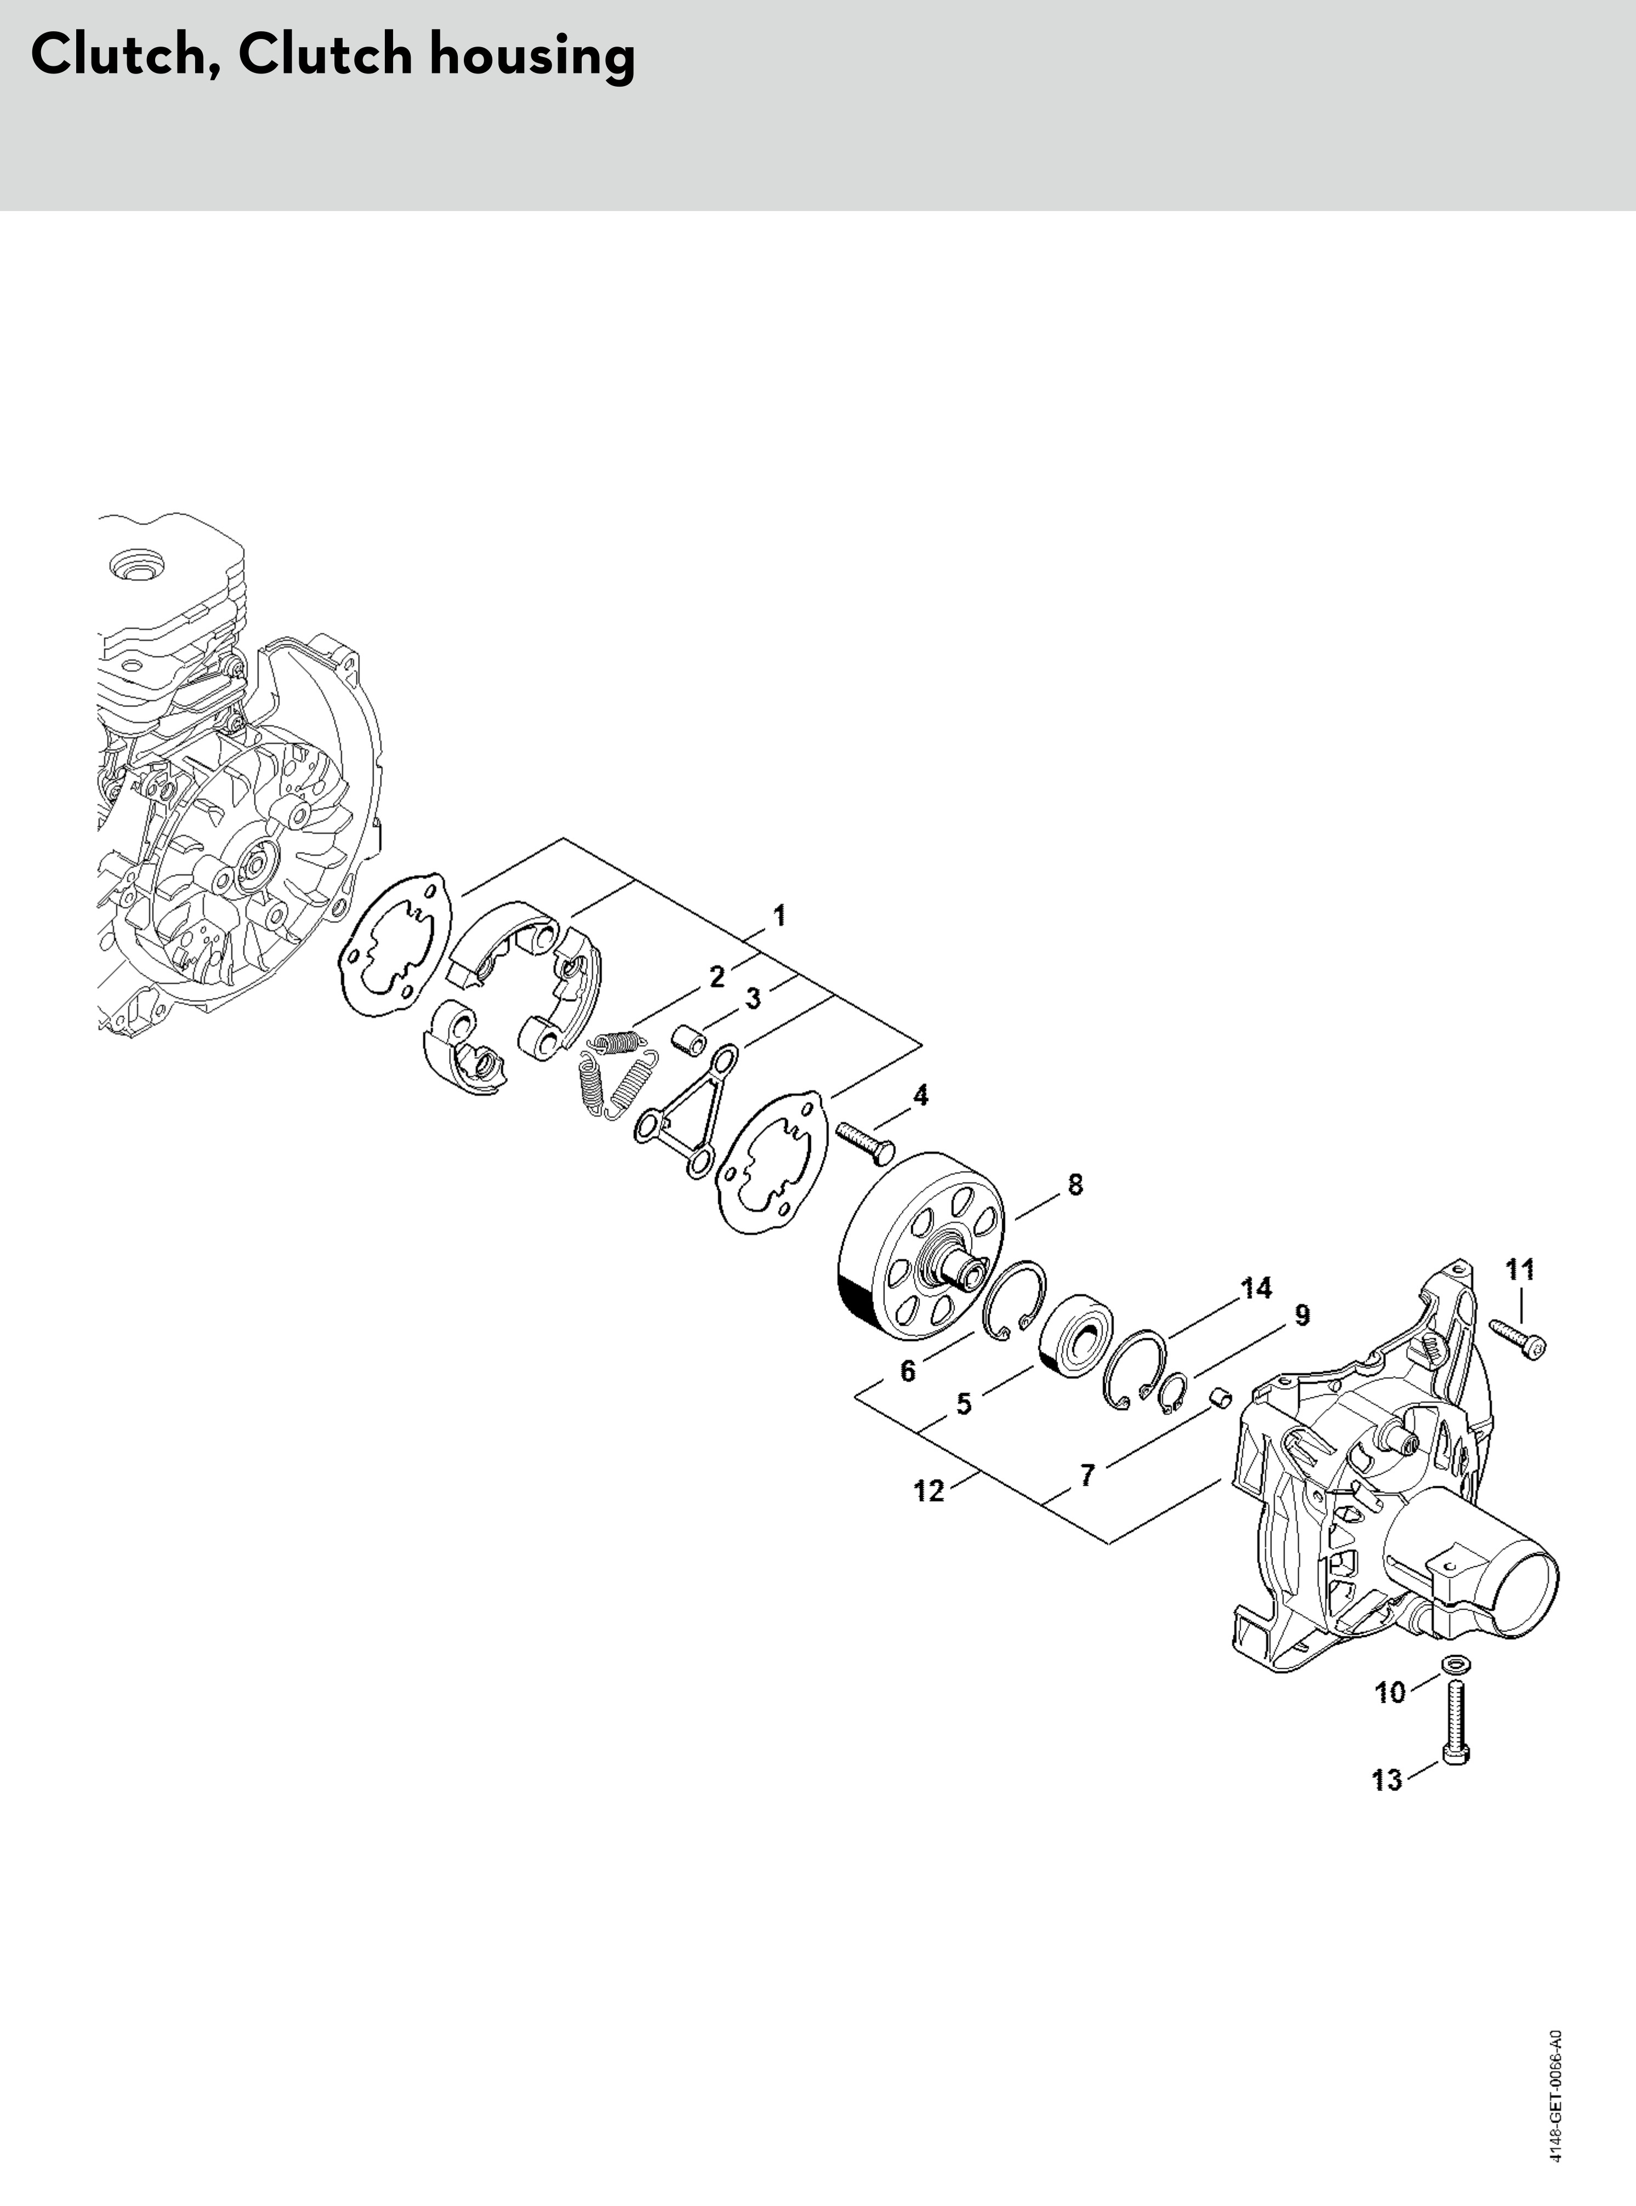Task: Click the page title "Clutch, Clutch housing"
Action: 333,55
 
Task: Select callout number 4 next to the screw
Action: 920,1095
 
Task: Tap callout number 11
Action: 1520,1269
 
